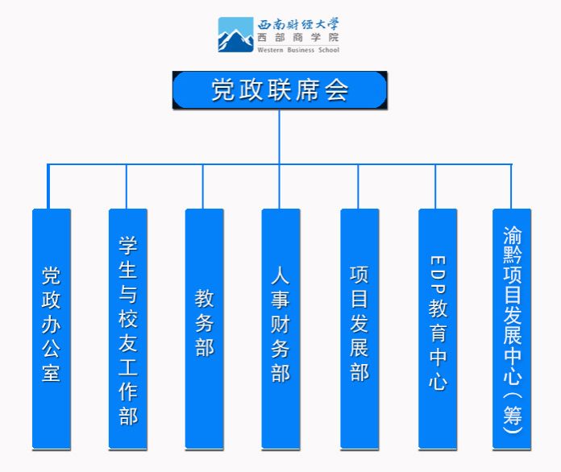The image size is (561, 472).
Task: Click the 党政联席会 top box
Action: click(280, 90)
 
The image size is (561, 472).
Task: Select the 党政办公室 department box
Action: click(52, 329)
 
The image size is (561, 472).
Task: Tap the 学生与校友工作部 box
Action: click(128, 329)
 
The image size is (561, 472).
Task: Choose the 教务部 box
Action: click(204, 329)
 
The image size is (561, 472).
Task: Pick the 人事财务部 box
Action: click(280, 329)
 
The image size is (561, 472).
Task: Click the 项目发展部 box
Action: click(359, 329)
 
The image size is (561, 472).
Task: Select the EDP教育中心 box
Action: click(438, 329)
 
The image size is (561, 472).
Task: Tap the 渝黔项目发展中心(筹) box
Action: click(512, 329)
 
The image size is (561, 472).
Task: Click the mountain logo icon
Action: click(236, 35)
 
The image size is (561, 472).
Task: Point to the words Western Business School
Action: click(298, 50)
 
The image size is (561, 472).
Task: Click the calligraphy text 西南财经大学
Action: click(298, 24)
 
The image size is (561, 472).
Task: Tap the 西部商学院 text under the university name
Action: click(298, 37)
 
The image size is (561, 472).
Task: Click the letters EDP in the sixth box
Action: click(438, 275)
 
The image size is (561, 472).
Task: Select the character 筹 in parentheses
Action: click(513, 415)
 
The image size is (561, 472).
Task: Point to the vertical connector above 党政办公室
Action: click(48, 187)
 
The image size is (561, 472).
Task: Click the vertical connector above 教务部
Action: click(203, 187)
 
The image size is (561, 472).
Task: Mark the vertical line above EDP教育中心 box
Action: click(435, 187)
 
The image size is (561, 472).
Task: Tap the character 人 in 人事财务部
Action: click(280, 275)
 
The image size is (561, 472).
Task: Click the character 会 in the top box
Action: click(337, 90)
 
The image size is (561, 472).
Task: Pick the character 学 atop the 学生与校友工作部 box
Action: click(128, 246)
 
